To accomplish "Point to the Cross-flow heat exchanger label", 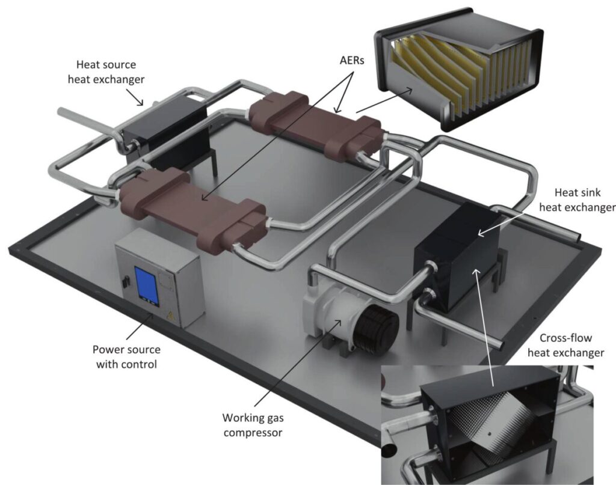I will click(565, 346).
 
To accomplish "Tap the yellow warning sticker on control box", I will click(170, 315).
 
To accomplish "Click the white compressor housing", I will click(328, 316).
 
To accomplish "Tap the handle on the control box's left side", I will click(123, 281).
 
